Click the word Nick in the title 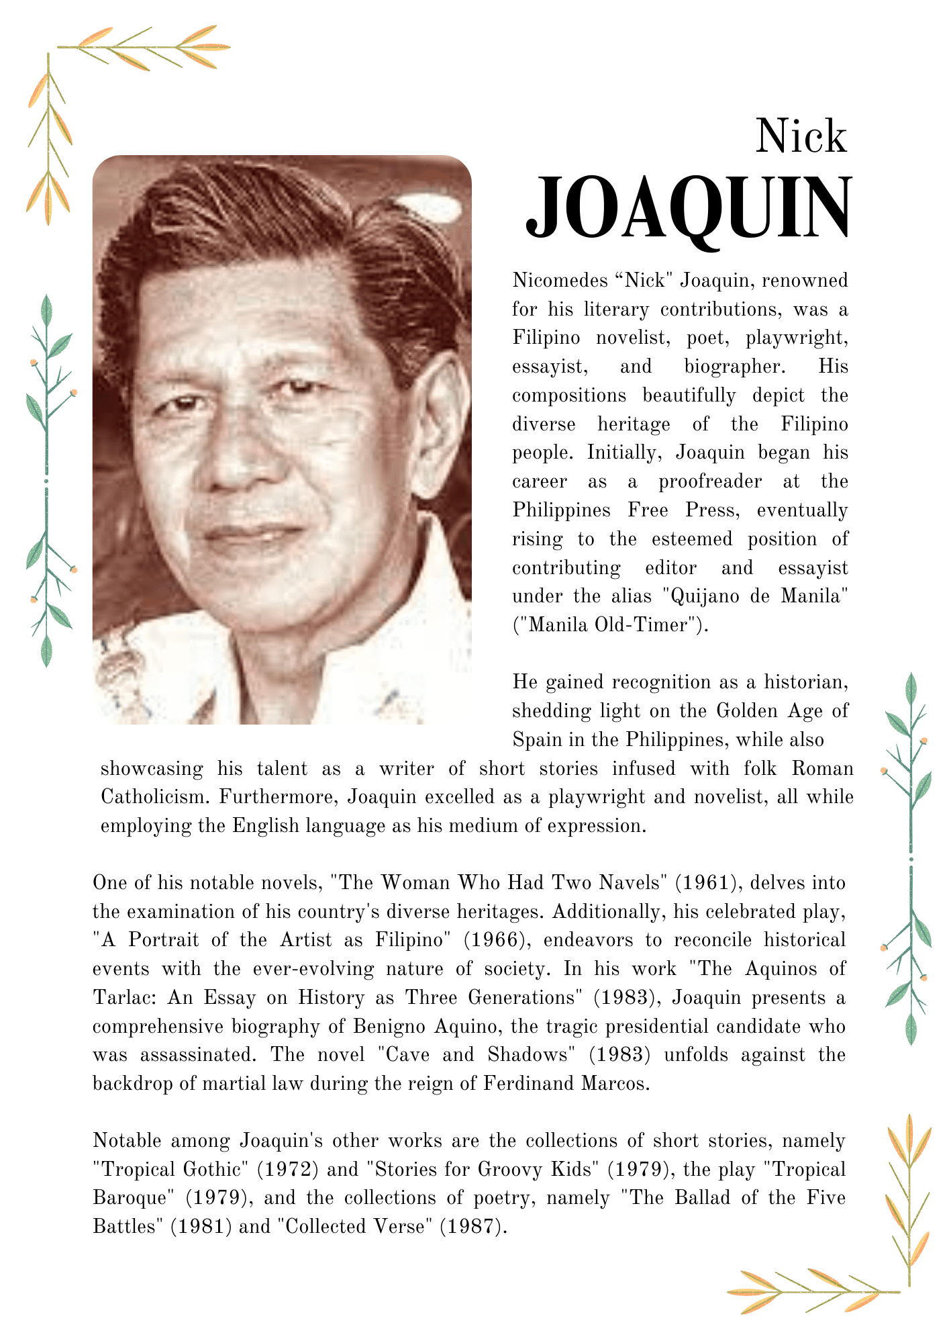801,136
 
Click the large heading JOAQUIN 689,208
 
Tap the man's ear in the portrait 440,423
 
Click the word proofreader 709,481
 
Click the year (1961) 704,882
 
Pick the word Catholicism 154,797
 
